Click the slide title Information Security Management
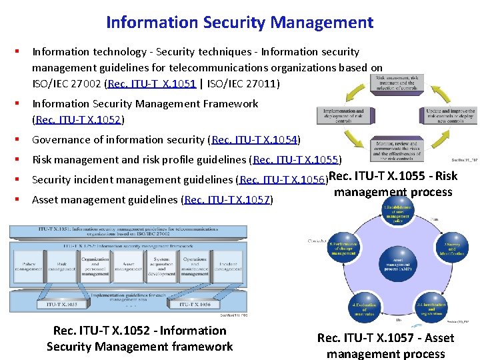click(239, 23)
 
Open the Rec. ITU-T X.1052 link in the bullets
click(78, 120)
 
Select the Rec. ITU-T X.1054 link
click(255, 140)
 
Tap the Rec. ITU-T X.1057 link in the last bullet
click(227, 199)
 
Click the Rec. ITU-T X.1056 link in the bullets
click(283, 180)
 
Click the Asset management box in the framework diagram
click(127, 267)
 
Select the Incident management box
click(227, 267)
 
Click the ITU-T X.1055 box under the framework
click(61, 304)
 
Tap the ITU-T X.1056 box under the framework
click(195, 304)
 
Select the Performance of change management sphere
click(343, 248)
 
